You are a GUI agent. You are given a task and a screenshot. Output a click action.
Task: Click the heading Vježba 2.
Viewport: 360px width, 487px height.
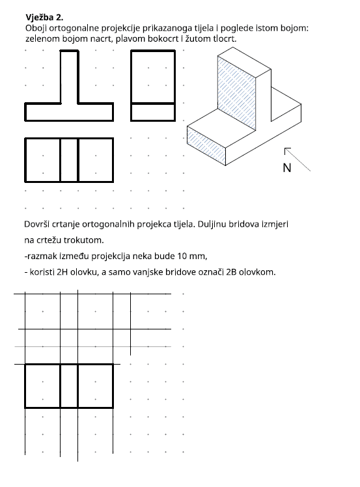(x=44, y=18)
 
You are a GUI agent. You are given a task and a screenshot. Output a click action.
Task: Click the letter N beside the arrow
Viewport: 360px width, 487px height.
(x=287, y=168)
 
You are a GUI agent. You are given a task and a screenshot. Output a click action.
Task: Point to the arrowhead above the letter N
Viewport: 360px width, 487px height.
(x=286, y=149)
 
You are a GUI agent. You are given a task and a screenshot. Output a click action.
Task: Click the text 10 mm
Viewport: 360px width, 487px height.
(x=192, y=257)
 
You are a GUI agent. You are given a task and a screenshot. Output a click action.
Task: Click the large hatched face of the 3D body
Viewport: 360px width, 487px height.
(x=237, y=93)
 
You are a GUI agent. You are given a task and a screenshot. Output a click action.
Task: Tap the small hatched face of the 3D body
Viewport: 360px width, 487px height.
(x=206, y=145)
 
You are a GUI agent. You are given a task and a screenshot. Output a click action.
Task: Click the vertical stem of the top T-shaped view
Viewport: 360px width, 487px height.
(x=69, y=77)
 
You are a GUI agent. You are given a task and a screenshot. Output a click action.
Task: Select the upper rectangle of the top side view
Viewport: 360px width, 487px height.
(x=153, y=77)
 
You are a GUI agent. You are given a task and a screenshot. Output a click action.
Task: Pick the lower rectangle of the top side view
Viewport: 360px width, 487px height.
(x=153, y=112)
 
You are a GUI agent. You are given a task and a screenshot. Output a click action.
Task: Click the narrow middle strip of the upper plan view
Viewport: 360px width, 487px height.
(x=69, y=160)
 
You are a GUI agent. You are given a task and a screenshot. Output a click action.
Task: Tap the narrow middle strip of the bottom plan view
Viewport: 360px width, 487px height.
(x=69, y=385)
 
